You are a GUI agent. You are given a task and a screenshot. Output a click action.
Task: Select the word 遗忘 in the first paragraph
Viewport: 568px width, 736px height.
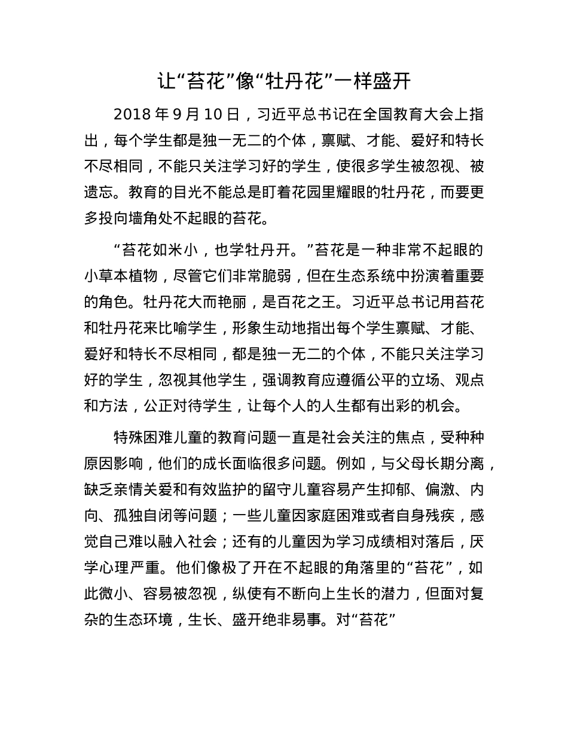click(99, 193)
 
